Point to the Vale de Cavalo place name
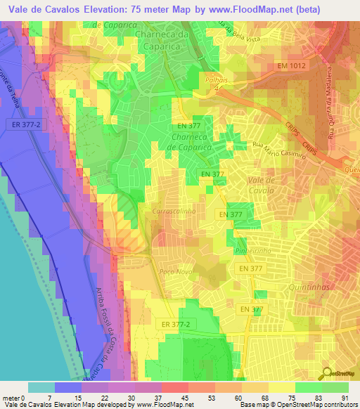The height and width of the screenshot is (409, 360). point(266,185)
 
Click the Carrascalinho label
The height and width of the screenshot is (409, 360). point(172,210)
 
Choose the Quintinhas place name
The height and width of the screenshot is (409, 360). point(310,287)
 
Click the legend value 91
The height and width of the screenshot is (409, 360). point(345,398)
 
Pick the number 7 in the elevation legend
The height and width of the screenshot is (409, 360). point(49,398)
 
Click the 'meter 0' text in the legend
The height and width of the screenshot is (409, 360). point(14,398)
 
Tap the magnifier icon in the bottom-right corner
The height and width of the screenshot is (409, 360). point(329,374)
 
